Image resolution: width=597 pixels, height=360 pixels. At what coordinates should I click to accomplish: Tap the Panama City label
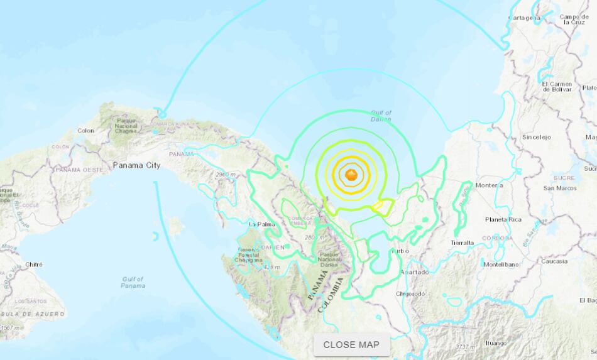(x=136, y=165)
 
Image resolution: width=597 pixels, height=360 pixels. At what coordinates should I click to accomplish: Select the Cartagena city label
(x=524, y=18)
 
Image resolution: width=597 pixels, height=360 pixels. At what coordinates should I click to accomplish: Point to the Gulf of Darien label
(x=380, y=116)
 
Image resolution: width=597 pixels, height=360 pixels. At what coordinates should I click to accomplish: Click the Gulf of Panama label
(x=133, y=282)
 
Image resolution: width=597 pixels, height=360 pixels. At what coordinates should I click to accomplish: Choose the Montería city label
(x=489, y=185)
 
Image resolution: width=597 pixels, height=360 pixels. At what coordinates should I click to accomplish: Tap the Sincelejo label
(x=536, y=136)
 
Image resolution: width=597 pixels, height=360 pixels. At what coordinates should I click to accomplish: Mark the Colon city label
(x=85, y=131)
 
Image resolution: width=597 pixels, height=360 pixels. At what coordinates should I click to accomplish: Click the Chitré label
(x=33, y=265)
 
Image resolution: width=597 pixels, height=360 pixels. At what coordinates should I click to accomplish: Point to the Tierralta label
(x=463, y=242)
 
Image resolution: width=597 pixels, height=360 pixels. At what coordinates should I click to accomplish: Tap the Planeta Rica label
(x=503, y=219)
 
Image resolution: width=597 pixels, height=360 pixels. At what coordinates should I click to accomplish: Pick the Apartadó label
(x=415, y=272)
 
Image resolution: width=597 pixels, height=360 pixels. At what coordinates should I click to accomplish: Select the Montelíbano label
(x=501, y=265)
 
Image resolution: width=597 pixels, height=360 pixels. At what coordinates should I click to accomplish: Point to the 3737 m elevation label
(x=466, y=346)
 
